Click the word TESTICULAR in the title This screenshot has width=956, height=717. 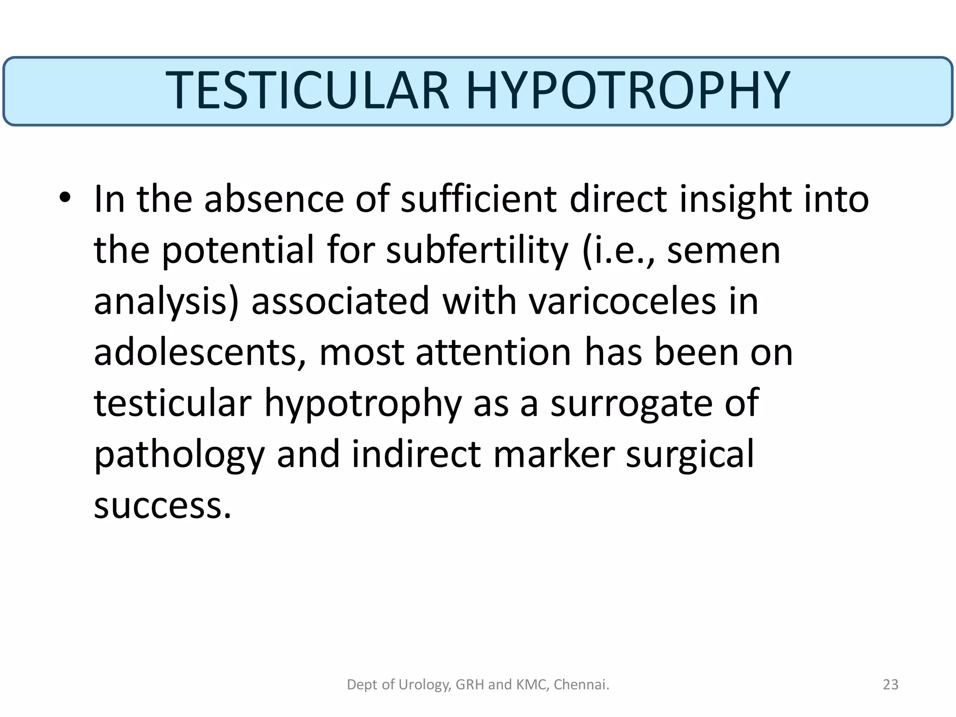point(307,91)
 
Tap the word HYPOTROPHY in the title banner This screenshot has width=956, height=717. point(628,91)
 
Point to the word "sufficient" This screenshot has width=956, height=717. point(478,199)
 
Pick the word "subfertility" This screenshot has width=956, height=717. point(477,251)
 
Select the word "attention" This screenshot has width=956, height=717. point(493,352)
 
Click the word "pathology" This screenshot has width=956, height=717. point(179,455)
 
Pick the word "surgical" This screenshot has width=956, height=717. point(689,455)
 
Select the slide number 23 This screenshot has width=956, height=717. point(891,685)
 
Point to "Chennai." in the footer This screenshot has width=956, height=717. point(581,685)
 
